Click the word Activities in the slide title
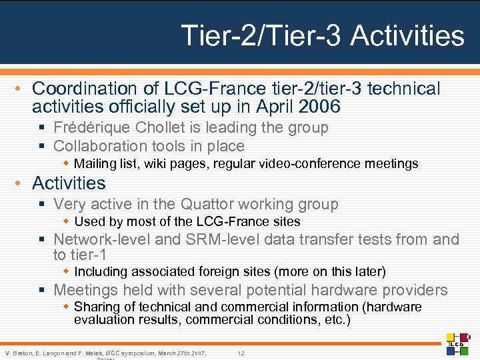coord(407,35)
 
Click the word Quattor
coord(214,204)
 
